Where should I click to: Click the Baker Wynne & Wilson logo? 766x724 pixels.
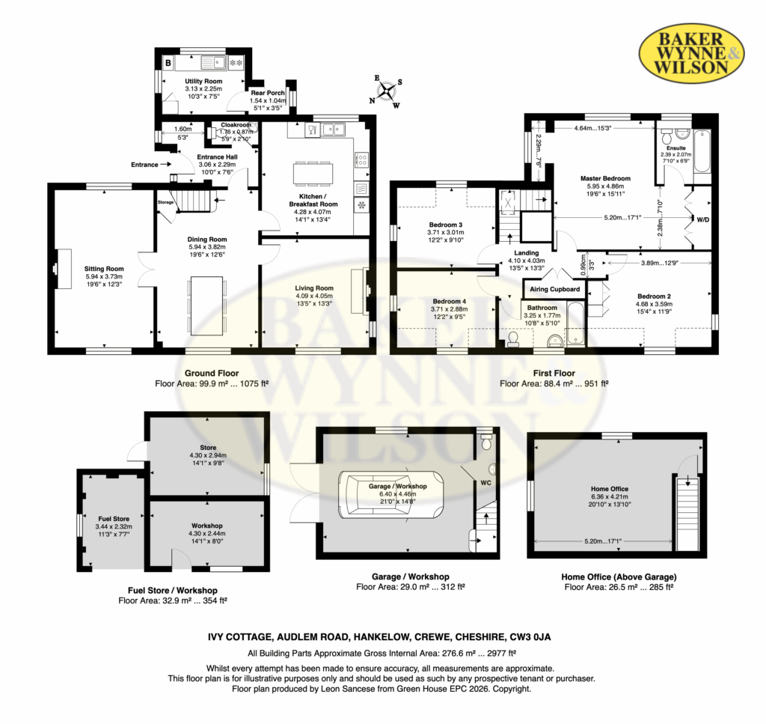coord(692,53)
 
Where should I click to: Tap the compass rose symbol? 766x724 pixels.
coord(387,91)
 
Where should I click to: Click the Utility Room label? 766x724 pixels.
coord(203,81)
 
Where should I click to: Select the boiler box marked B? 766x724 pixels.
coord(168,63)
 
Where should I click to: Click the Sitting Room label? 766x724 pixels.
coord(104,268)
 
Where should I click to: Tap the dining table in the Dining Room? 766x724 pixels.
coord(206,305)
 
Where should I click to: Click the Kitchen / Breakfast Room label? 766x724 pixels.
coord(313,200)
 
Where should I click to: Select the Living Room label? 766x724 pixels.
coord(314,288)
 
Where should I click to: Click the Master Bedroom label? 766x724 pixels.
coord(605,178)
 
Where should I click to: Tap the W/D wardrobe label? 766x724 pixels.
coord(702,219)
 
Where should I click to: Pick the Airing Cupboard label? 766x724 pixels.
coord(554,289)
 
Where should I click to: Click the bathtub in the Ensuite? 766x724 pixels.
coord(702,150)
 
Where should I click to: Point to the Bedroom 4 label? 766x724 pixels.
coord(450,301)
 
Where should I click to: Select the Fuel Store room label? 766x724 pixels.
coord(114,519)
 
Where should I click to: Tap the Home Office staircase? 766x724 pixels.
coord(688,512)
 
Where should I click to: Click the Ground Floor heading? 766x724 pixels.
coord(212,373)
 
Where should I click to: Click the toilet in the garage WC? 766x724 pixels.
coord(486,441)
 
